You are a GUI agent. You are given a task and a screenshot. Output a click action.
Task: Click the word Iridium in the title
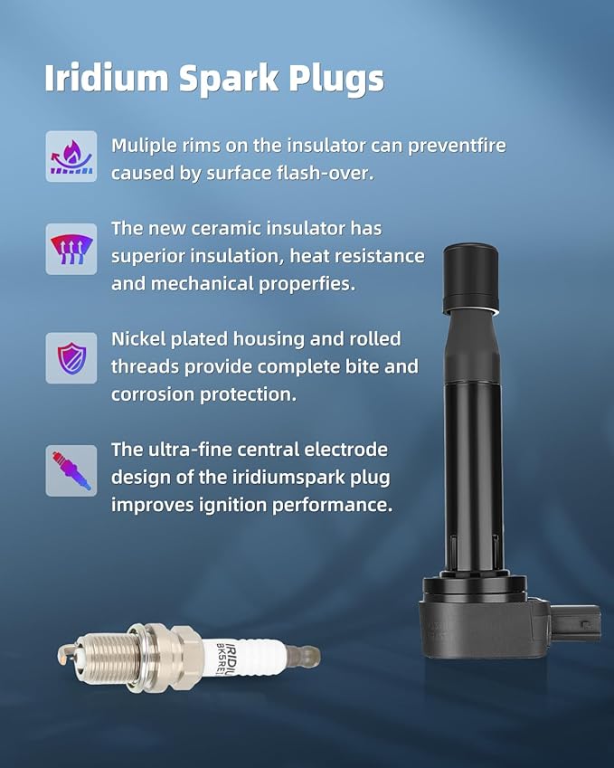(106, 78)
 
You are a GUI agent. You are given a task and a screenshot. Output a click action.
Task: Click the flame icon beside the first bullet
(71, 156)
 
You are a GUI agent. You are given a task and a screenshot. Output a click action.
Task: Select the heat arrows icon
(71, 249)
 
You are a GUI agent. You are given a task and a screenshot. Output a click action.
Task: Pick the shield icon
(71, 358)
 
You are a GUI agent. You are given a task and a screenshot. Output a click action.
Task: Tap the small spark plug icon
(71, 470)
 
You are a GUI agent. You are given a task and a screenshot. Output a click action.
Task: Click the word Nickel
(138, 339)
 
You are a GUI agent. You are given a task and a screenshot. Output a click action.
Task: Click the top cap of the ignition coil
(471, 279)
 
